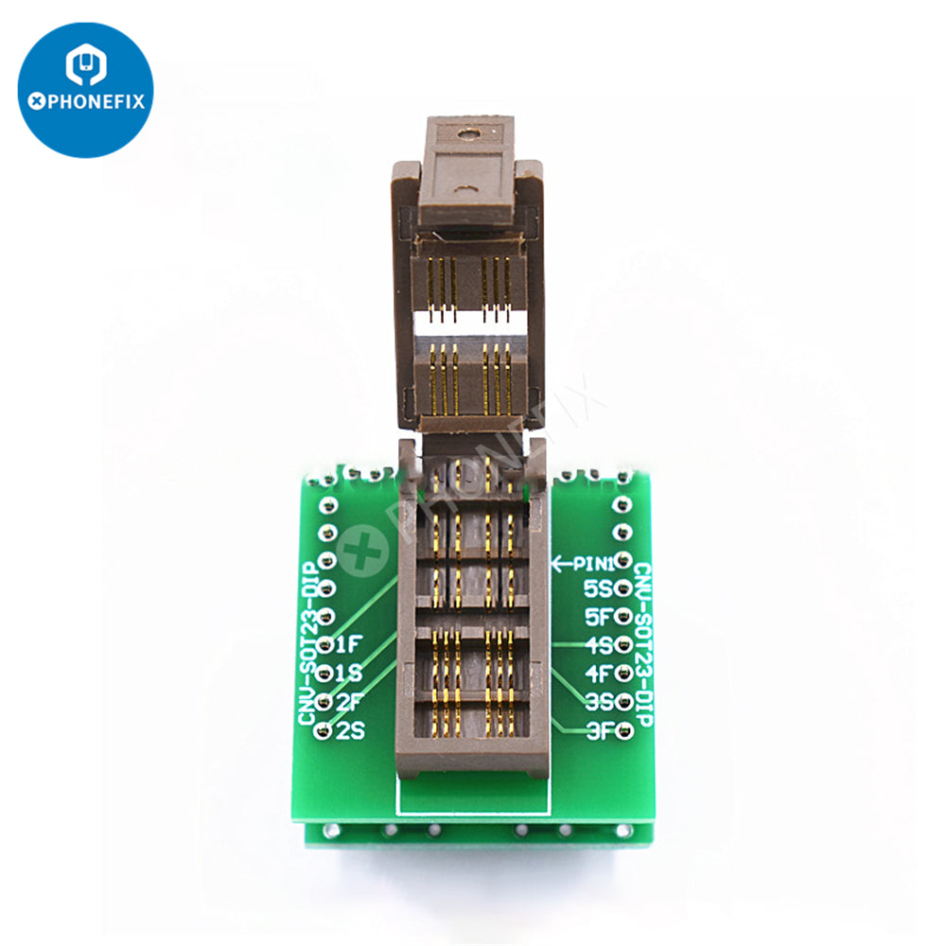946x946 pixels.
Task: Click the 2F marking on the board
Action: point(349,702)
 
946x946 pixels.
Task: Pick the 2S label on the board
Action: point(349,730)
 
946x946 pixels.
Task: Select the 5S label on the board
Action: point(598,588)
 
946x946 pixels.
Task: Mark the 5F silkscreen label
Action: point(598,617)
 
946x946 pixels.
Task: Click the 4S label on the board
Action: point(598,645)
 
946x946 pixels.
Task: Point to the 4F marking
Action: point(598,674)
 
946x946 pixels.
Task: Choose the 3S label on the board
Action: point(598,702)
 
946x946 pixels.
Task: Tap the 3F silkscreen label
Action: point(598,729)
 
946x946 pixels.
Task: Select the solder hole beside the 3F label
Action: point(623,729)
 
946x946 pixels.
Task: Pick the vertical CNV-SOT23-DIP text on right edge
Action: point(642,643)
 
